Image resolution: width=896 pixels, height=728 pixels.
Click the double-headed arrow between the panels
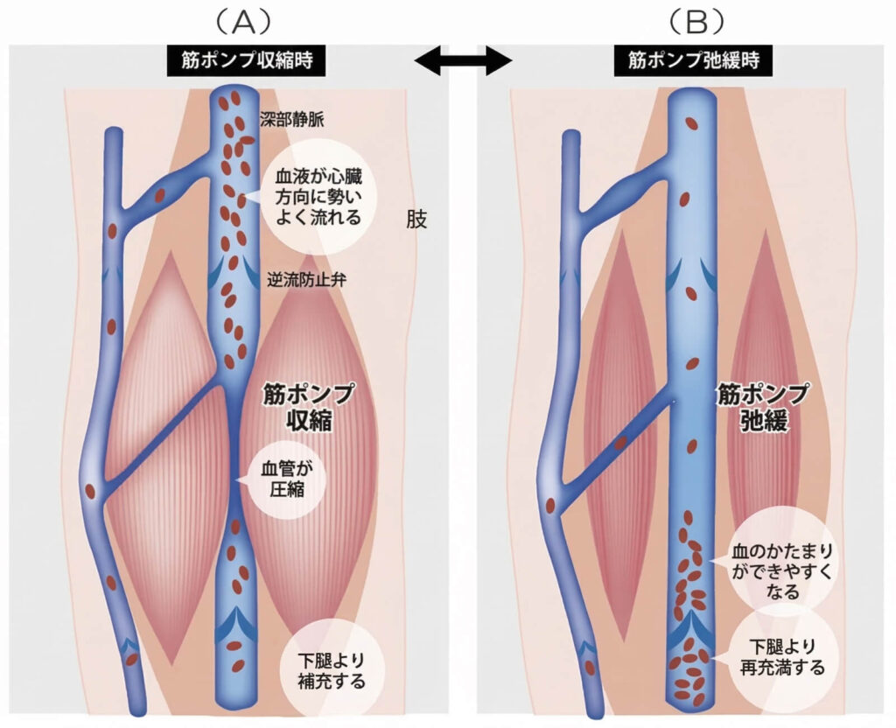[462, 60]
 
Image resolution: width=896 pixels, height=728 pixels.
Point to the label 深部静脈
[291, 121]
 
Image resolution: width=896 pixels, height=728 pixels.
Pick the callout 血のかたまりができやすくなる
[781, 571]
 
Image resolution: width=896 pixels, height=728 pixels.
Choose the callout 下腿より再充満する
[780, 658]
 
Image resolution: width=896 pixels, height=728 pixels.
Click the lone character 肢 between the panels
[417, 219]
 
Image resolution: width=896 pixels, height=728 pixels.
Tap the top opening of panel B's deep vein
[691, 98]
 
